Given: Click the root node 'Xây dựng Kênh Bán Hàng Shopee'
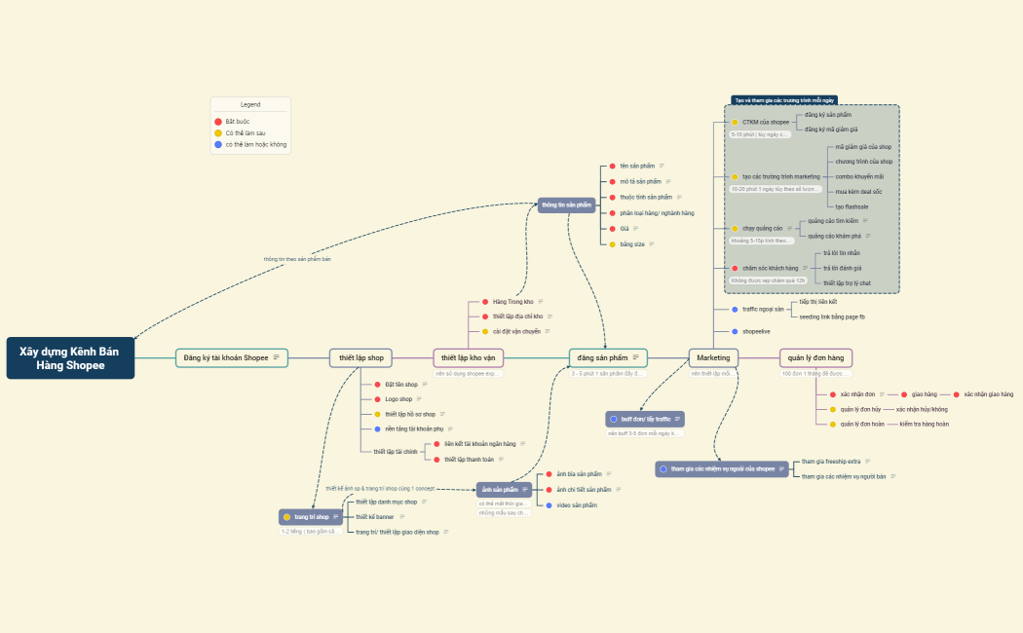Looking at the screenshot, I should point(70,358).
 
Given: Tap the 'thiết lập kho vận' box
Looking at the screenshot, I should point(468,358).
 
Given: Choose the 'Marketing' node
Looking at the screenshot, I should point(713,358).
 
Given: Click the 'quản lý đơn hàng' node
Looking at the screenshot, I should point(815,358).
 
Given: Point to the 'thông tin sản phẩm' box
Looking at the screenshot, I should point(566,205).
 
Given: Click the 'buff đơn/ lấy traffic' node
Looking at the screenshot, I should point(645,419).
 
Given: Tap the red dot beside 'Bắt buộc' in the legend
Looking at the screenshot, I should point(218,122).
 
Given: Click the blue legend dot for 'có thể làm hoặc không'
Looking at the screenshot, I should point(218,144).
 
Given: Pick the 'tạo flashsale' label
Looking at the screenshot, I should point(852,206).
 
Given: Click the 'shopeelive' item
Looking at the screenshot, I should point(756,331).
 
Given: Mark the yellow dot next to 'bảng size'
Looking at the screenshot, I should point(613,244).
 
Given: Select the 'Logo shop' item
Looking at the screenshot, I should point(398,399).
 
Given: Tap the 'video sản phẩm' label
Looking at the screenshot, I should point(577,505).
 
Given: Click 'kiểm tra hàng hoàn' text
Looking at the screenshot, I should point(924,425).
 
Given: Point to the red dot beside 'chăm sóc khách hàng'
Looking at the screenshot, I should point(735,268).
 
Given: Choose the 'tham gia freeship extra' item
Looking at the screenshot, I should point(830,462).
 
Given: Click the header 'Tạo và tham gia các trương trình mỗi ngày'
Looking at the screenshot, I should point(784,100).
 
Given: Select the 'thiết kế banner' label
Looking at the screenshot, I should point(374,517).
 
